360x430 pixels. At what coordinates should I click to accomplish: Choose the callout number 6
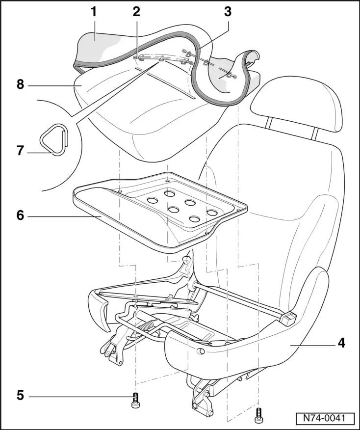(x=20, y=215)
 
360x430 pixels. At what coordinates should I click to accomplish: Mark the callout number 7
(x=20, y=150)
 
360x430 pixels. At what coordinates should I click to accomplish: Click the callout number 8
(x=20, y=84)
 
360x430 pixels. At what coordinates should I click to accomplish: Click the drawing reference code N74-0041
(x=325, y=419)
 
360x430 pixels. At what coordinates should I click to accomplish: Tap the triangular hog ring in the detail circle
(x=53, y=139)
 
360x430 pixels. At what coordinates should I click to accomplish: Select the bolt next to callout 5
(x=135, y=401)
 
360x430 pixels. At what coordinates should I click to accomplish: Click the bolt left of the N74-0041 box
(x=258, y=415)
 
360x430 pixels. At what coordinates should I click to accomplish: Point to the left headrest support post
(x=269, y=123)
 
